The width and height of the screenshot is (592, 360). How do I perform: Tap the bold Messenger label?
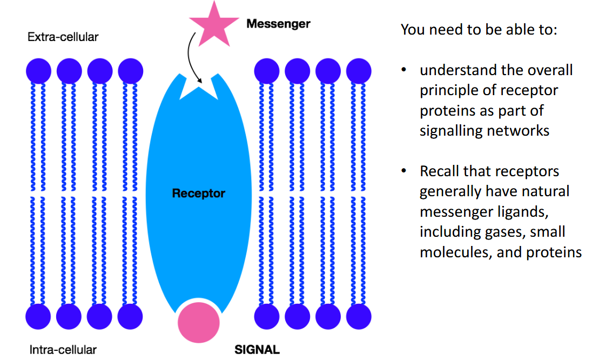(278, 24)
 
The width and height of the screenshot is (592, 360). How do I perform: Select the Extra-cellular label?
(63, 37)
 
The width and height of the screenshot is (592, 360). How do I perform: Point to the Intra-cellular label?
(63, 350)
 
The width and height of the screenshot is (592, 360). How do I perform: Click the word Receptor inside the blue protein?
(198, 193)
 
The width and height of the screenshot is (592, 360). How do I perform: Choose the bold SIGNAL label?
(257, 349)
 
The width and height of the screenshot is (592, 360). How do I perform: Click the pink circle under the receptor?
(199, 323)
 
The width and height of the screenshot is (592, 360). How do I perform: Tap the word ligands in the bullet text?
(522, 212)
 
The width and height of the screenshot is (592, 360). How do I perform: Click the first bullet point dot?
(403, 71)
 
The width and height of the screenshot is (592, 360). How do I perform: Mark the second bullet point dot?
(403, 171)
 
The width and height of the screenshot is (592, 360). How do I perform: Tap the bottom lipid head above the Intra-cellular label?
(38, 316)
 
